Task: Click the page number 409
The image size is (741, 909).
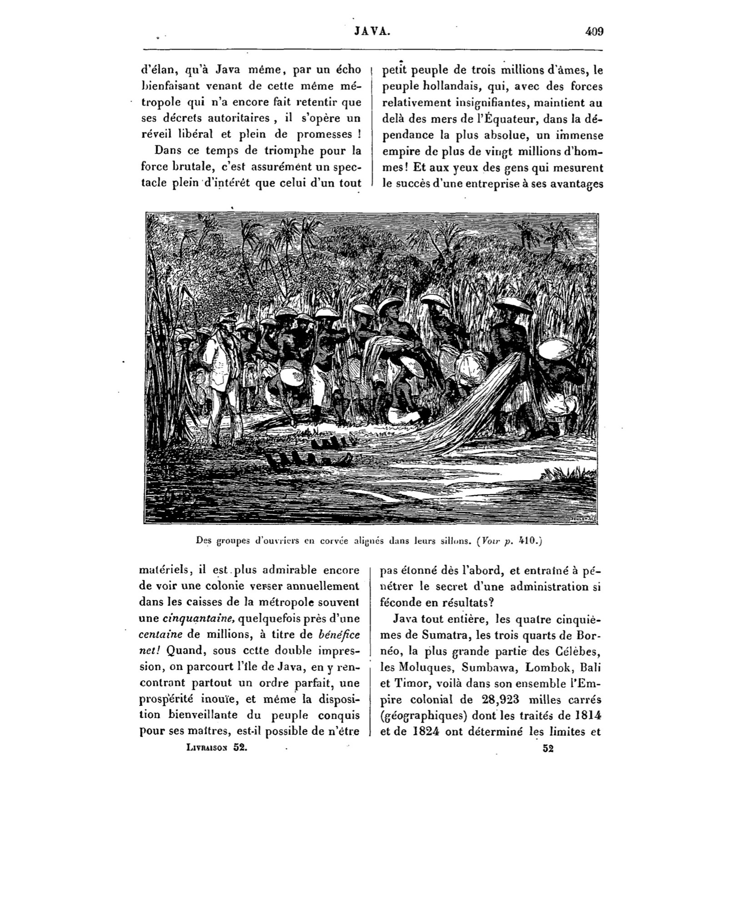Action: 594,32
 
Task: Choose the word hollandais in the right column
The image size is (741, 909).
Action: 453,86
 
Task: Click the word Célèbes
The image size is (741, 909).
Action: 578,650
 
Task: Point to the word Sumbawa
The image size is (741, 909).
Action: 481,667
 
